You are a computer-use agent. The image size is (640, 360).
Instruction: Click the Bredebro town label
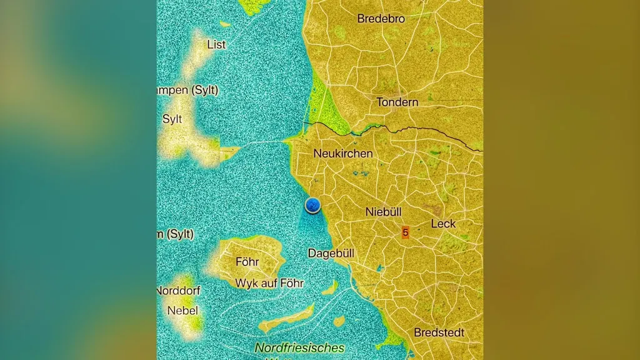381,19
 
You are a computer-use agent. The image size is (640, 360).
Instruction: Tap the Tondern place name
397,102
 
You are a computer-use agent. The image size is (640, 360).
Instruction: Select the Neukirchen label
342,153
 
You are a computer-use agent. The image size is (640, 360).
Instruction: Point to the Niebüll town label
383,212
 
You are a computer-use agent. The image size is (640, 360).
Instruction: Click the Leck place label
443,224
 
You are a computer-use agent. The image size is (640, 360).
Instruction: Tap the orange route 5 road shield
405,232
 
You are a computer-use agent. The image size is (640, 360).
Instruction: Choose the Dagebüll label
331,253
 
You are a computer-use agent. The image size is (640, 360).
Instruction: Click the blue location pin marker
312,204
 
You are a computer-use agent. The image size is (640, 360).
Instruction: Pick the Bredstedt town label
439,332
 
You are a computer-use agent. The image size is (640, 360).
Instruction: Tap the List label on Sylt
216,45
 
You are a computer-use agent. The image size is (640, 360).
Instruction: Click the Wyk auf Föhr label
269,283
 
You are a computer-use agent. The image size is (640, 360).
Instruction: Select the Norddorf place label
178,291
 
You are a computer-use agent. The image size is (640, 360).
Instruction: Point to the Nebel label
182,311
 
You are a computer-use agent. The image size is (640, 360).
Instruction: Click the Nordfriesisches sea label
299,348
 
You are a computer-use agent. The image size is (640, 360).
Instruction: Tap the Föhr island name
247,262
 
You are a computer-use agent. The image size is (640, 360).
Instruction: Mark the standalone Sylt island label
172,119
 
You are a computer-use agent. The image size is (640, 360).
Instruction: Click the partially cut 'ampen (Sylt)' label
187,90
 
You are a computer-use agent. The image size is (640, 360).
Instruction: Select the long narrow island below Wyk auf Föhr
286,319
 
